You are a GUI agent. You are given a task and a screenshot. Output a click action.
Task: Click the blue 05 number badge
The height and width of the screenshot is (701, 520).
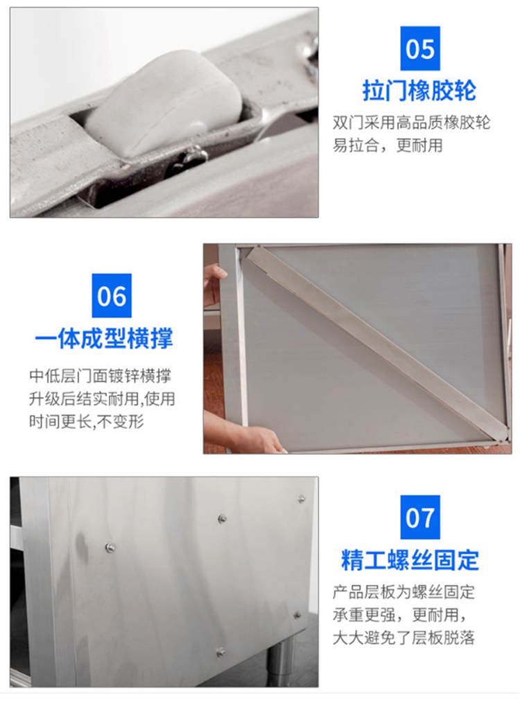tap(419, 48)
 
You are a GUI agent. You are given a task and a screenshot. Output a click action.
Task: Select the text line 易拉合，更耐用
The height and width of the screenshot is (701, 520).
tap(388, 145)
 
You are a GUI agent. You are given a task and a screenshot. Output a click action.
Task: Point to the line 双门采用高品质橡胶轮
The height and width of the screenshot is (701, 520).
tap(411, 123)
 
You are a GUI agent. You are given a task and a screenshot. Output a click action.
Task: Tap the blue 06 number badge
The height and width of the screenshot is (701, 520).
tap(112, 296)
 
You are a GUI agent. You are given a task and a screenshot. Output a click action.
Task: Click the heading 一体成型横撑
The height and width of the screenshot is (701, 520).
tap(104, 339)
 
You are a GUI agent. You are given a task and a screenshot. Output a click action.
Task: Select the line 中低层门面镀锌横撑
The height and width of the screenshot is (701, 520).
tap(101, 376)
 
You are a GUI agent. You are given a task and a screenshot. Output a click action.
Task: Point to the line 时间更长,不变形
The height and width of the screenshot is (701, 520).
tap(87, 421)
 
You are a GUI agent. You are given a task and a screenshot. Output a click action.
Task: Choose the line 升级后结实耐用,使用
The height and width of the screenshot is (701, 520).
tap(102, 398)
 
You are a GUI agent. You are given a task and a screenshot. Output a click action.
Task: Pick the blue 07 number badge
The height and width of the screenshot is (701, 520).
tap(419, 517)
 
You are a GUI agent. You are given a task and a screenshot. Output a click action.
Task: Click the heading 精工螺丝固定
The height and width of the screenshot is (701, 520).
tap(410, 560)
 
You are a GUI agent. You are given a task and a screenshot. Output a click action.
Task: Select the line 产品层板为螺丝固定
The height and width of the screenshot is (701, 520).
tap(404, 592)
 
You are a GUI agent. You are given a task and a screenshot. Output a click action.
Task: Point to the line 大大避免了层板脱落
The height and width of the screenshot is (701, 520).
tap(404, 637)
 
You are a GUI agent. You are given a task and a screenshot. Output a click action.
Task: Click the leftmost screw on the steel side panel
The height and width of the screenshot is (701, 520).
tap(110, 547)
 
